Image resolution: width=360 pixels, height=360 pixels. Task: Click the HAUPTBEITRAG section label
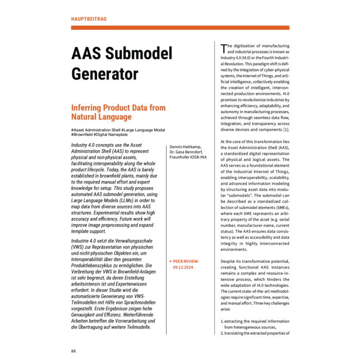coord(89,19)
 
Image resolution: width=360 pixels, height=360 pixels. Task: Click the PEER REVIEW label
coord(187,261)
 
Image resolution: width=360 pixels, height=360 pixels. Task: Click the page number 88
coord(74,351)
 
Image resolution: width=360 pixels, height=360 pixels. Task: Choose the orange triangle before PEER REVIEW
coord(171,261)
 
